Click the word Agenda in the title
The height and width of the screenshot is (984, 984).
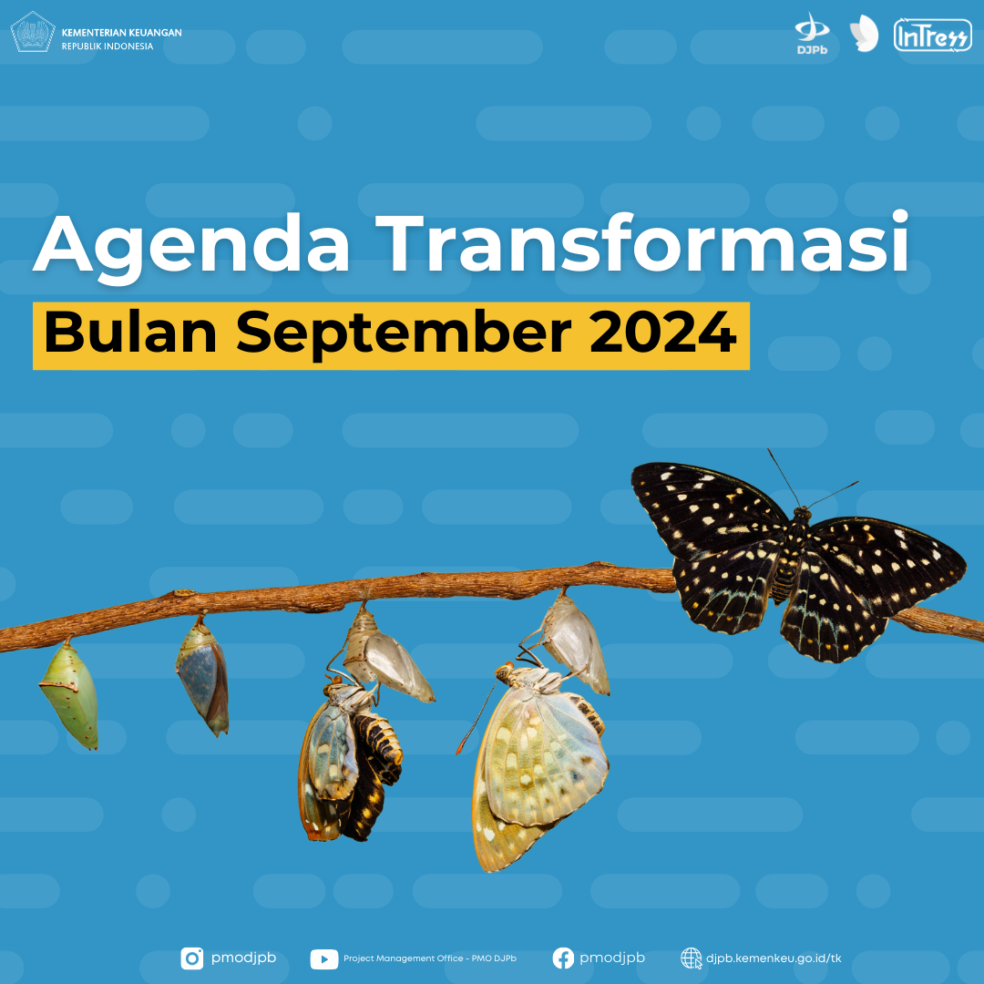191,246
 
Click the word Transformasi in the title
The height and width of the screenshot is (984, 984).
641,241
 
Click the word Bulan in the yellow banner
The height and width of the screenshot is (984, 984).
130,332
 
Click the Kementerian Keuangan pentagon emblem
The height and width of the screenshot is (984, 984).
33,32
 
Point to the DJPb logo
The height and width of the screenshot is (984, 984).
812,34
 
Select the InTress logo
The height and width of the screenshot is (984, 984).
933,35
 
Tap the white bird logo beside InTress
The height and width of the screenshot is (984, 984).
864,34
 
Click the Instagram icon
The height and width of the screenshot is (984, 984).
192,958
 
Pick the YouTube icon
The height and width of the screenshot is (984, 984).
324,958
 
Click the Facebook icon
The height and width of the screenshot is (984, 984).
563,958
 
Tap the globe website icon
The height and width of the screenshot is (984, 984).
691,958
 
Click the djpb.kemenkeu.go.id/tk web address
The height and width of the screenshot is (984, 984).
774,958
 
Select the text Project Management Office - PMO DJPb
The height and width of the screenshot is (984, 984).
430,958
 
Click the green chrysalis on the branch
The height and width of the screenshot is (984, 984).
69,693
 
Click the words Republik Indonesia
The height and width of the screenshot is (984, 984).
108,46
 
